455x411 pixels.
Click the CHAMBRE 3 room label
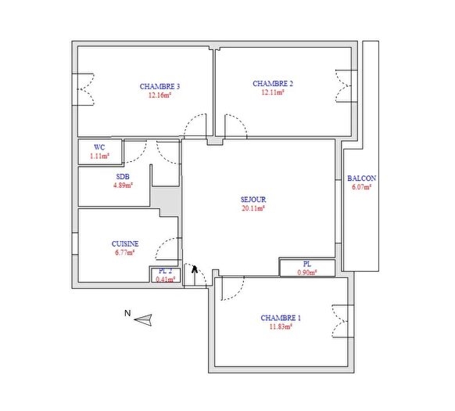tap(159, 86)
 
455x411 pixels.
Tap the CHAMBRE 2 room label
tap(272, 83)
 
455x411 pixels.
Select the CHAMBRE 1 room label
tap(281, 318)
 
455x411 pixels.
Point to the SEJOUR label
tap(253, 199)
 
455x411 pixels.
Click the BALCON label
tap(360, 178)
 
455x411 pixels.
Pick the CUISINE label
tap(124, 243)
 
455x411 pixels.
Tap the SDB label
tap(123, 177)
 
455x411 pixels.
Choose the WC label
tap(99, 147)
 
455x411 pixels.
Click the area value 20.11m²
tap(253, 209)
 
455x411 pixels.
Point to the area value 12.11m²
tap(272, 92)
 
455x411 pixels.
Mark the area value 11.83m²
tap(281, 327)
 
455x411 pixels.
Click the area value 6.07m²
tap(360, 187)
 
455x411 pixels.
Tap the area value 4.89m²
tap(123, 186)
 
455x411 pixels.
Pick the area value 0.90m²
tap(307, 272)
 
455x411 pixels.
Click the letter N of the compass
tap(127, 314)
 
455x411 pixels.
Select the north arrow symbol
tap(143, 319)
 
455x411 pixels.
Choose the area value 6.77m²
tap(124, 253)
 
